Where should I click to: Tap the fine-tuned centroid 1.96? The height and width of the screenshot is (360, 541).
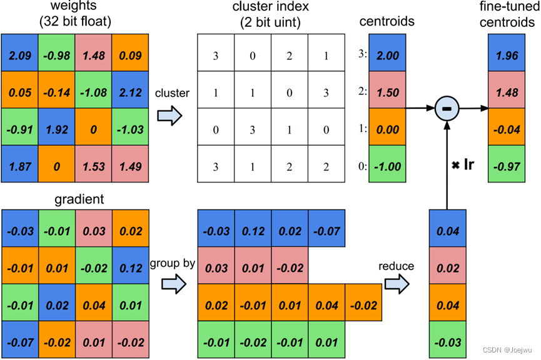tap(505, 56)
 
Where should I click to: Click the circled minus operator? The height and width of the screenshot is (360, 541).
tap(447, 109)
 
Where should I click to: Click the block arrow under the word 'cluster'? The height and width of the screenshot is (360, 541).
tap(169, 116)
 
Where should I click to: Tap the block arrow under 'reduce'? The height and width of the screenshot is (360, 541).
tap(396, 286)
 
